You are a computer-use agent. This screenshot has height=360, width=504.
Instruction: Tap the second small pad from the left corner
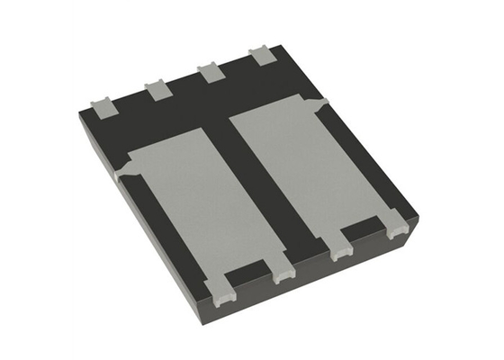pos(157,89)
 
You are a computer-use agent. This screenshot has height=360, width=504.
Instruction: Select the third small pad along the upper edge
pos(211,73)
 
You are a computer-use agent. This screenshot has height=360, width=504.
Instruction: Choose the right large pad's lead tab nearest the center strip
pos(343,251)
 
